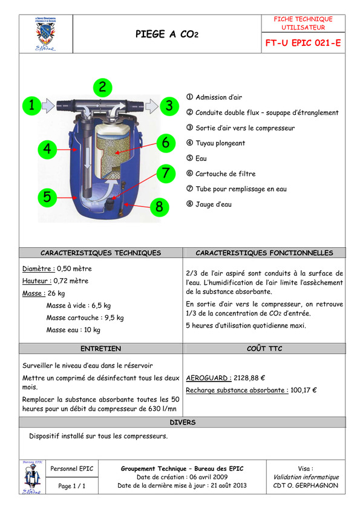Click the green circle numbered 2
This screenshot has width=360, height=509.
coord(103,87)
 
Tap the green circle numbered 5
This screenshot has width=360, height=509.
coord(47,197)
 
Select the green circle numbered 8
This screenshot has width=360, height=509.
coord(159,207)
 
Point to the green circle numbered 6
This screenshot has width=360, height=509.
coord(166,143)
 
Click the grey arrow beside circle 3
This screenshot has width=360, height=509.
coord(151,106)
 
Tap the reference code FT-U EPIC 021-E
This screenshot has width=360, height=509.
coord(303,43)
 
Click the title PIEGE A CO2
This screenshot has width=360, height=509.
coord(166,34)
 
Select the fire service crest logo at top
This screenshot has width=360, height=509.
coord(45,34)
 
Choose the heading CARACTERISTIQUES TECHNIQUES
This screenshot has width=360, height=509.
coord(100,253)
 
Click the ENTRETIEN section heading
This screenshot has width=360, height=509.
coord(100,349)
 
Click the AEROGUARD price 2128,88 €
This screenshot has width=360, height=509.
coord(249,378)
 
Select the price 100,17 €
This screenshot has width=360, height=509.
coord(304,390)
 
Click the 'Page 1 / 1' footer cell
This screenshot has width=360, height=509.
coord(72,486)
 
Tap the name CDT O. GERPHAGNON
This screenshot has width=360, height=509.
coord(306,485)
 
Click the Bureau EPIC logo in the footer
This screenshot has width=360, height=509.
coord(32,477)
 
